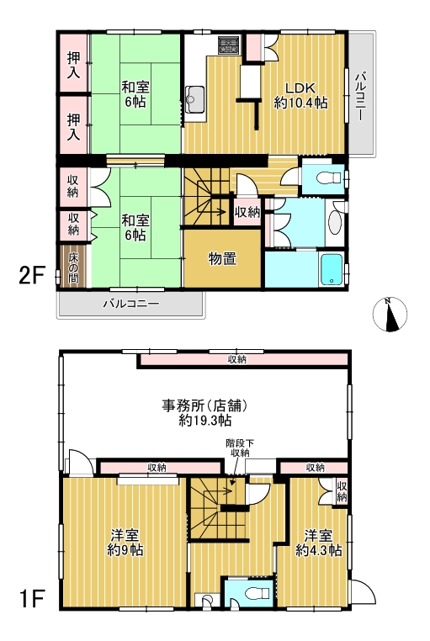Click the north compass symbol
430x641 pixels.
pos(390,314)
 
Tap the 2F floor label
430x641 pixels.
pos(31,275)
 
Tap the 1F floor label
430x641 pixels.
pos(31,599)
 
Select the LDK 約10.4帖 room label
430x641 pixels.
pos(301,96)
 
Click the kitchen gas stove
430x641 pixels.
pos(230,45)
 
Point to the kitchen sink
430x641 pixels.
pos(195,99)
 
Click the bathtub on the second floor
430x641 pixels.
pos(332,269)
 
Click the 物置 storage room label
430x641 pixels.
pos(223,258)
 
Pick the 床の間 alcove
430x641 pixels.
pos(73,267)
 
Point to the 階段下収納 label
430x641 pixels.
pos(240,448)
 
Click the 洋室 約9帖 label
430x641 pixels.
pos(125,543)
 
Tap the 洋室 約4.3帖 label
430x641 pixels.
pos(319,543)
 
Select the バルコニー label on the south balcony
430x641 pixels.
pos(130,304)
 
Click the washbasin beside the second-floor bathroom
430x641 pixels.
pos(335,223)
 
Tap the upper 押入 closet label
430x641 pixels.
pos(73,66)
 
